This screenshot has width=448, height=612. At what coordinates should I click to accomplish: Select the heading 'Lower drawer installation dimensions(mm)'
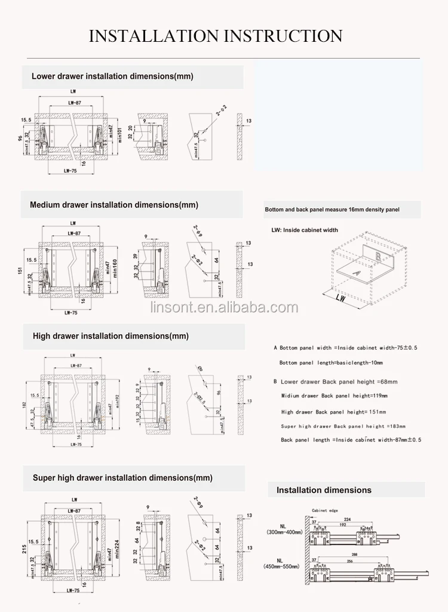(112, 76)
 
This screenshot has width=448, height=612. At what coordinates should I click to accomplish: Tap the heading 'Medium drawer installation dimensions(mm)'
(113, 205)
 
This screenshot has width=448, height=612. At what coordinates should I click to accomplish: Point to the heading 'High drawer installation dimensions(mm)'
(111, 336)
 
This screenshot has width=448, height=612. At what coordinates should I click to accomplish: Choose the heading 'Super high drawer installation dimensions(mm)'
(122, 478)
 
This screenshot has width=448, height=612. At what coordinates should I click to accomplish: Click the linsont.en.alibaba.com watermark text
(224, 308)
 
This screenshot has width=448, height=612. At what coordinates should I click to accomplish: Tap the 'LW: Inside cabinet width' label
(304, 230)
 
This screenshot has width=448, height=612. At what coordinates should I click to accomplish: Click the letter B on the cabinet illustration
(379, 257)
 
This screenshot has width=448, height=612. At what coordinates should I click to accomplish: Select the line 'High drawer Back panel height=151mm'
(333, 412)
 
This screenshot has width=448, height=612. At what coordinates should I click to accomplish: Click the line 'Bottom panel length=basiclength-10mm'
(331, 363)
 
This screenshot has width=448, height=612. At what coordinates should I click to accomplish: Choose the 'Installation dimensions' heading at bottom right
(324, 490)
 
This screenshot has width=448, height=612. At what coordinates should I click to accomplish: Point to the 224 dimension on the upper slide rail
(347, 519)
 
